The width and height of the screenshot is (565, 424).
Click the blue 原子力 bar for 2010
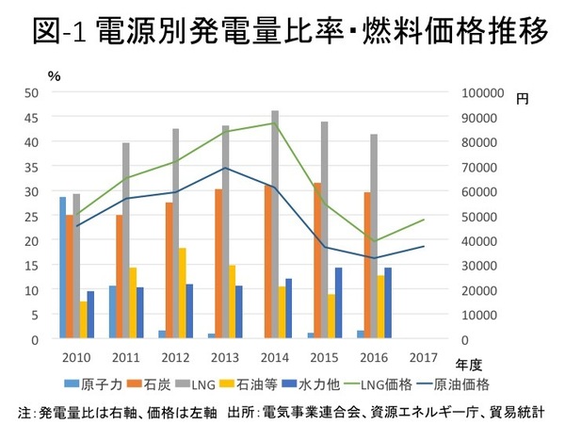pos(63,268)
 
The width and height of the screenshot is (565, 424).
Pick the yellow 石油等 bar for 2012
pos(183,293)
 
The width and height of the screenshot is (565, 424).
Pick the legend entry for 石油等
pos(244,383)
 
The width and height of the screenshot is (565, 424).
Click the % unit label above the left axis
pos(55,75)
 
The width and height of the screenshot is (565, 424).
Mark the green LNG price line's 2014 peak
pos(274,123)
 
